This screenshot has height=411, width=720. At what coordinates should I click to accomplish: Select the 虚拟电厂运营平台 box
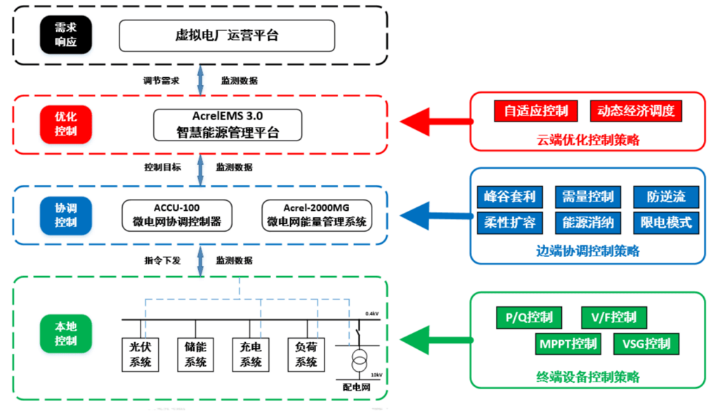[226, 35]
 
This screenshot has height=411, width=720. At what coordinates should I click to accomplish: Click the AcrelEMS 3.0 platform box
[228, 124]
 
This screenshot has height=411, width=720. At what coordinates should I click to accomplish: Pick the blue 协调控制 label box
[65, 214]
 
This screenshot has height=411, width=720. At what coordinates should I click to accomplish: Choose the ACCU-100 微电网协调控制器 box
[177, 215]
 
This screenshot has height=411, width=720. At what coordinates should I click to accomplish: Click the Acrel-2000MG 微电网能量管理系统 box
[316, 215]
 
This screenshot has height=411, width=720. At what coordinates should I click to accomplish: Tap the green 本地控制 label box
[65, 334]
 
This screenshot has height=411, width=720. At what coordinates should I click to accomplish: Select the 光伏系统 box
[140, 354]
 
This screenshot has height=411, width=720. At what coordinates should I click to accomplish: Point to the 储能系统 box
[195, 354]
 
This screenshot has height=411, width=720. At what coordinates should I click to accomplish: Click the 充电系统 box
[251, 354]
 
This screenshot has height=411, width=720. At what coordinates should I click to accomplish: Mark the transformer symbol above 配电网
[359, 363]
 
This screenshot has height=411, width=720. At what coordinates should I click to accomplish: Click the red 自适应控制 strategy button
[536, 111]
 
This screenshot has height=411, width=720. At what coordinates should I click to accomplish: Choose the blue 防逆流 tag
[666, 197]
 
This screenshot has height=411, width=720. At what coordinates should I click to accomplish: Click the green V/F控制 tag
[613, 318]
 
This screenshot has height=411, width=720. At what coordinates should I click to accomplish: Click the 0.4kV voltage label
[372, 313]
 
